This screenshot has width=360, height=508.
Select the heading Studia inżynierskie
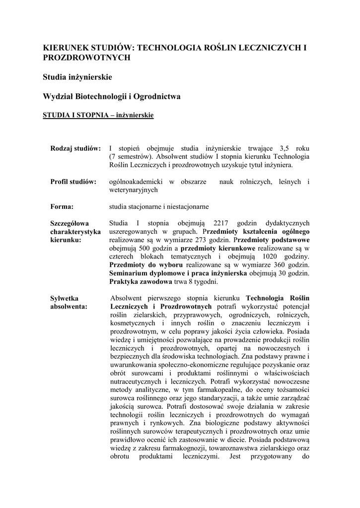coord(77,77)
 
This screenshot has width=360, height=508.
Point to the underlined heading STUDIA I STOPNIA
coord(75,116)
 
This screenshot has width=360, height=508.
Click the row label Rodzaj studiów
coord(75,148)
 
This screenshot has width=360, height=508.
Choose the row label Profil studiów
coord(73,182)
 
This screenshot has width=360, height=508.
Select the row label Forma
coord(62,206)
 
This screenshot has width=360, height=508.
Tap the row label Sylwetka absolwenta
coord(69,302)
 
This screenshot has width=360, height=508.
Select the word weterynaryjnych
coord(133,190)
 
